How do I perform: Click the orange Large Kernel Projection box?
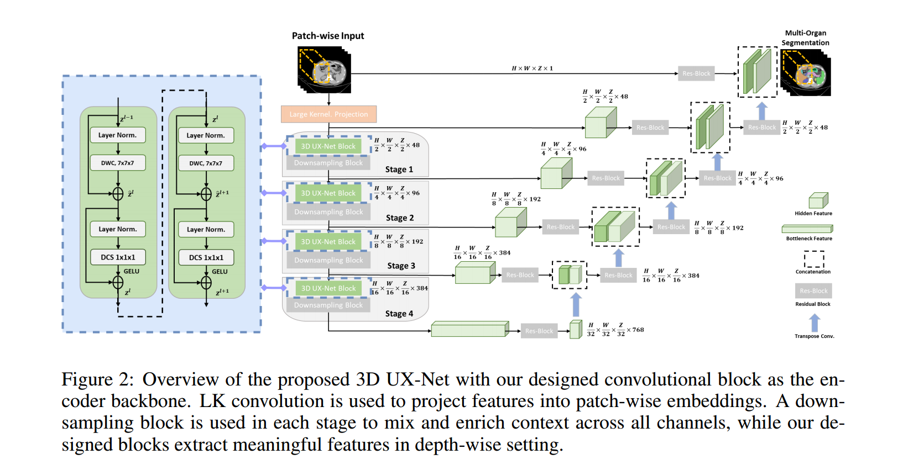[328, 114]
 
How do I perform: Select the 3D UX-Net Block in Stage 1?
[328, 146]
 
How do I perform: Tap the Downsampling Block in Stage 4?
[328, 305]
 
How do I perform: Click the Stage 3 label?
[401, 266]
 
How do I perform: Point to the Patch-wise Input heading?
[328, 36]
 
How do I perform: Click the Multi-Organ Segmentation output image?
[805, 72]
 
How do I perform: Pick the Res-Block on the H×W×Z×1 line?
[696, 73]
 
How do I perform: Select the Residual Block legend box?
[813, 291]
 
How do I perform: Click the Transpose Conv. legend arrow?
[815, 323]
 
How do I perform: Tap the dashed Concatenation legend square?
[813, 259]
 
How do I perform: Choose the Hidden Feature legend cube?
[818, 200]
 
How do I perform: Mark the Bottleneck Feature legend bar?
[807, 229]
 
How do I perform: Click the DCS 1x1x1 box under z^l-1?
[118, 257]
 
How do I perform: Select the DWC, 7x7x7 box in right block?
[206, 163]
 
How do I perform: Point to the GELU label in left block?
[132, 271]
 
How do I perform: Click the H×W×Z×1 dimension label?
[532, 68]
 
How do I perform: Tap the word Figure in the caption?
[87, 379]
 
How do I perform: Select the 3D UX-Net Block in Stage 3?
[328, 241]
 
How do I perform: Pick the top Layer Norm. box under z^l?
[206, 135]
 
